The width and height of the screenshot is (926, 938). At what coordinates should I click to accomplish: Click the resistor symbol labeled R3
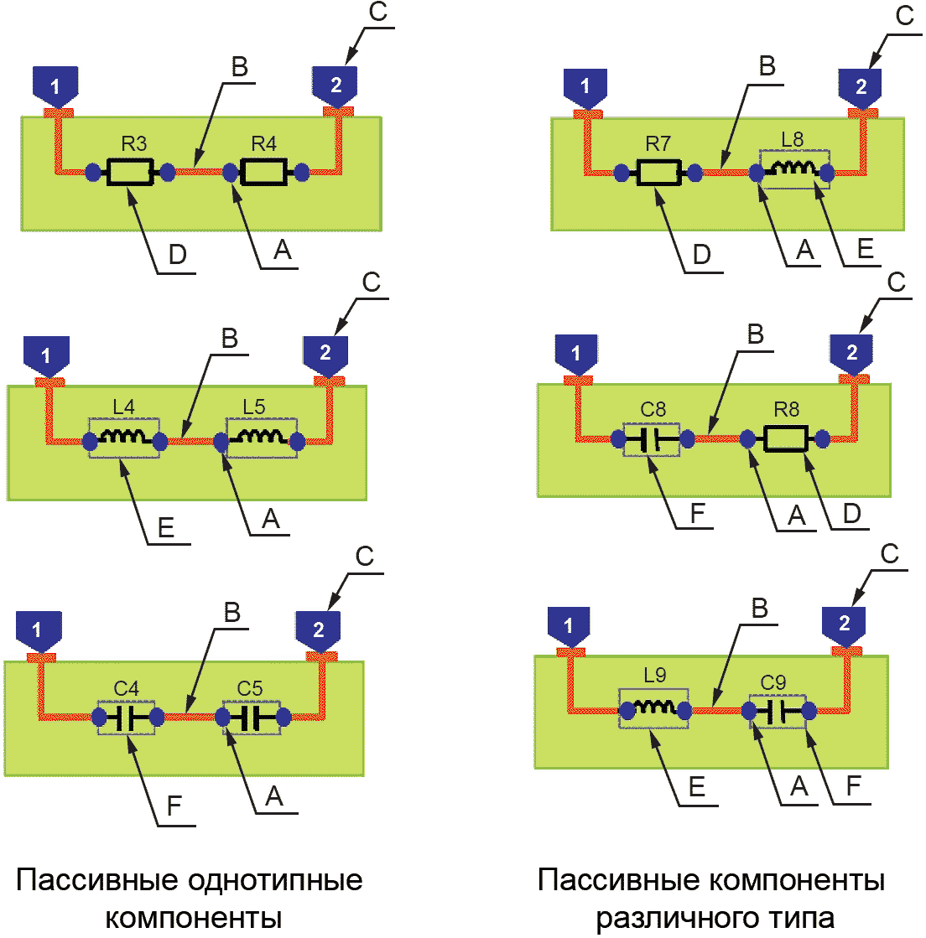tap(130, 173)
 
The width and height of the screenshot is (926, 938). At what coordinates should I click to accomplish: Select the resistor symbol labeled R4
tap(263, 173)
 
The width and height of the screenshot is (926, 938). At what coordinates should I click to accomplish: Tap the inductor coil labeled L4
tap(124, 438)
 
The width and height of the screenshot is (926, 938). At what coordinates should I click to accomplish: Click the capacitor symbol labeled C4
tap(127, 718)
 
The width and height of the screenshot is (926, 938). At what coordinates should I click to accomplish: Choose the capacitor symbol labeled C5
tap(252, 718)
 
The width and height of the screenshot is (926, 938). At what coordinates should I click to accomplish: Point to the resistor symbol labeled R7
tap(658, 174)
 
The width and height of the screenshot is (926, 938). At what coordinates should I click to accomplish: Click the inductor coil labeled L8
tap(793, 171)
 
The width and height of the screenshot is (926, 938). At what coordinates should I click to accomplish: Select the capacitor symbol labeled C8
tap(653, 438)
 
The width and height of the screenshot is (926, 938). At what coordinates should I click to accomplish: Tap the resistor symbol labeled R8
tap(786, 438)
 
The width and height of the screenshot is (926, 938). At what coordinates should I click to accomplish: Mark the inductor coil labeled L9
tap(653, 709)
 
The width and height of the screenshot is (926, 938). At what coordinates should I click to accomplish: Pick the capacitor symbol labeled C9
tap(777, 711)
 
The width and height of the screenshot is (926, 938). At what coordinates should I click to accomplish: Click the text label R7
tap(658, 144)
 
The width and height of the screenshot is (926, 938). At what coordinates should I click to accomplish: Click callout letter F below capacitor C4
tap(174, 806)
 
